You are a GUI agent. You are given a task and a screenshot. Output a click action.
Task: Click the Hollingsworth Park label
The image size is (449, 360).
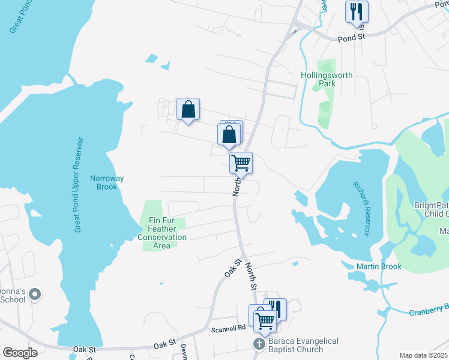327,79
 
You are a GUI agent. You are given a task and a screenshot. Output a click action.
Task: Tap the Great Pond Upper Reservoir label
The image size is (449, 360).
79,184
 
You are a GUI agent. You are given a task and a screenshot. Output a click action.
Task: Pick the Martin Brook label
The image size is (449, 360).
378,266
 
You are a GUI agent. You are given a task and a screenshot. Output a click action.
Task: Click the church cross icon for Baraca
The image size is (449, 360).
259,344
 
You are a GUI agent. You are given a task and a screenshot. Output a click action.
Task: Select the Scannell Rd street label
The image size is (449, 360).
229,328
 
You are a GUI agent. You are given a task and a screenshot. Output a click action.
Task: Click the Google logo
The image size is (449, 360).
20,353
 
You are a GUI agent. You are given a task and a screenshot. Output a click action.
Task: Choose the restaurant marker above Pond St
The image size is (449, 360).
357,11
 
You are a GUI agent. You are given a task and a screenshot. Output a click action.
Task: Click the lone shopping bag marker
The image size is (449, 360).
188,109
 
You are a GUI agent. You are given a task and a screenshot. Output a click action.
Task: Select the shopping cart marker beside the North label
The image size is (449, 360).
241,162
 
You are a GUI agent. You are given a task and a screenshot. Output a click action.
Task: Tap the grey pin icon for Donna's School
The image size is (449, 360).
35,294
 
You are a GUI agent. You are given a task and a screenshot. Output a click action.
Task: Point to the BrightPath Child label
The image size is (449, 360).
431,209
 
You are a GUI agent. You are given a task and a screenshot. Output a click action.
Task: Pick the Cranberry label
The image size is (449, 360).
429,310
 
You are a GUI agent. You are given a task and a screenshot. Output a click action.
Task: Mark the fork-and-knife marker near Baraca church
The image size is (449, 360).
276,308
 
